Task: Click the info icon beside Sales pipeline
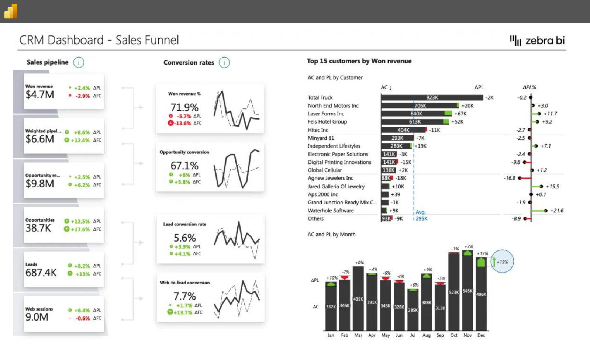79,62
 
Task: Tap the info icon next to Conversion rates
224,62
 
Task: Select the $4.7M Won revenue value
39,95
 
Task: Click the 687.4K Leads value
41,273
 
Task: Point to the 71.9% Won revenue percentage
184,107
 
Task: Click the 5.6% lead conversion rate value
184,238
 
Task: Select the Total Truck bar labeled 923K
432,98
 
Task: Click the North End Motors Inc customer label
333,106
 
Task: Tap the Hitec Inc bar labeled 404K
403,130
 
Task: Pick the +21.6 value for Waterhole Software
556,211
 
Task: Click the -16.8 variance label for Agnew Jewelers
510,178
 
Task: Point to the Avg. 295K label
421,215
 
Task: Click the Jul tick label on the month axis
413,335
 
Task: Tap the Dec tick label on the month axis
481,335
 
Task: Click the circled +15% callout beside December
502,262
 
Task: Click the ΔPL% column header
529,87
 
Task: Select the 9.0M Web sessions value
37,317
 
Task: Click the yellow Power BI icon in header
11,11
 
